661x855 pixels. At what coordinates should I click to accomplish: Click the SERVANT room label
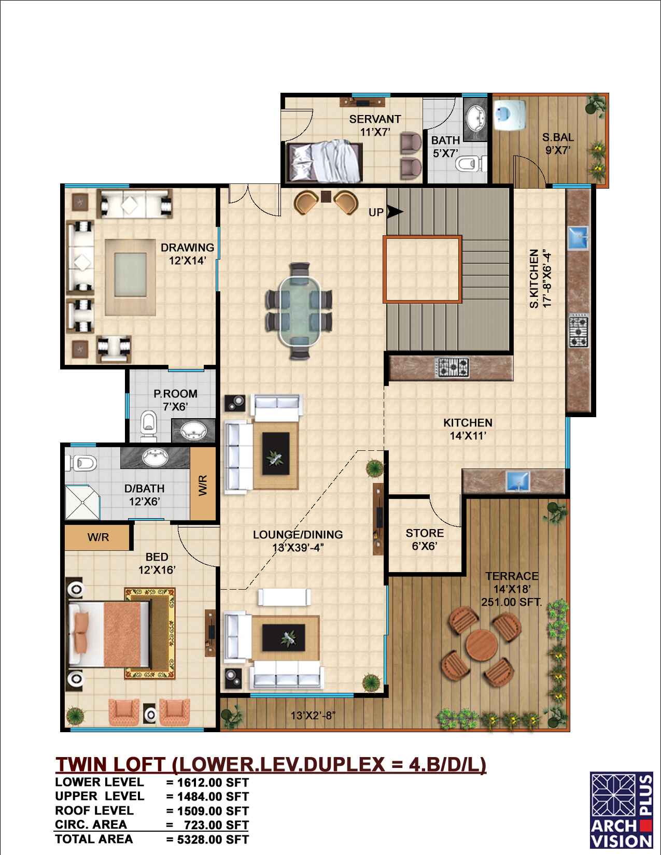point(375,119)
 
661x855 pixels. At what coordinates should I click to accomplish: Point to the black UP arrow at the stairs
point(395,212)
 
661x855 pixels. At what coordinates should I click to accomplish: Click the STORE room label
point(425,533)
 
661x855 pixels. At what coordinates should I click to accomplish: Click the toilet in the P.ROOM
point(148,426)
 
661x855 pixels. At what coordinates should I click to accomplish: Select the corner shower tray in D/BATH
point(82,503)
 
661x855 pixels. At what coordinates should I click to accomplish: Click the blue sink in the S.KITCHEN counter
point(578,238)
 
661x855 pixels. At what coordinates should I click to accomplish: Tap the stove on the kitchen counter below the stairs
point(452,368)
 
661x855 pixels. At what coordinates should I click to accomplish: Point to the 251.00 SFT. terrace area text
point(511,602)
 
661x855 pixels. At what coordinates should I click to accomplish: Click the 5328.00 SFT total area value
point(213,839)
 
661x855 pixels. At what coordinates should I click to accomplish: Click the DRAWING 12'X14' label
point(187,254)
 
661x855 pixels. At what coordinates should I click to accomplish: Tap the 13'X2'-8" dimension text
point(313,715)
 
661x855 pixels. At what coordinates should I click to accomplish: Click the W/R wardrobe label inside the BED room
point(98,537)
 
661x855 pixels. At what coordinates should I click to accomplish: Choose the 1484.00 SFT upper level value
point(213,796)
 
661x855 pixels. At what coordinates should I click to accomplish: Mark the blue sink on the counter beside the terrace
point(518,481)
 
